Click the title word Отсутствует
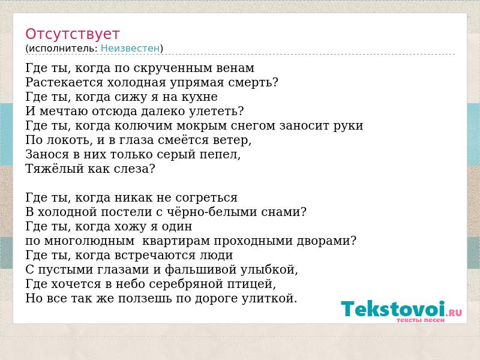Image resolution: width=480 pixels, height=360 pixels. point(72,34)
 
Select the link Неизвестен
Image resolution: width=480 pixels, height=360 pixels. point(130,49)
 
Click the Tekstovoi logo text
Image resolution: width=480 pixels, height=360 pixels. point(393,308)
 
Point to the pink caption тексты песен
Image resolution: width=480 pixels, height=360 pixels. point(421,320)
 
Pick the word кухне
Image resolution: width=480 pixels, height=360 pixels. point(200,97)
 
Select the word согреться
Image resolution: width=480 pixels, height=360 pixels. point(206,198)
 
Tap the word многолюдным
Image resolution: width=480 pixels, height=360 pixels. point(89,241)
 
